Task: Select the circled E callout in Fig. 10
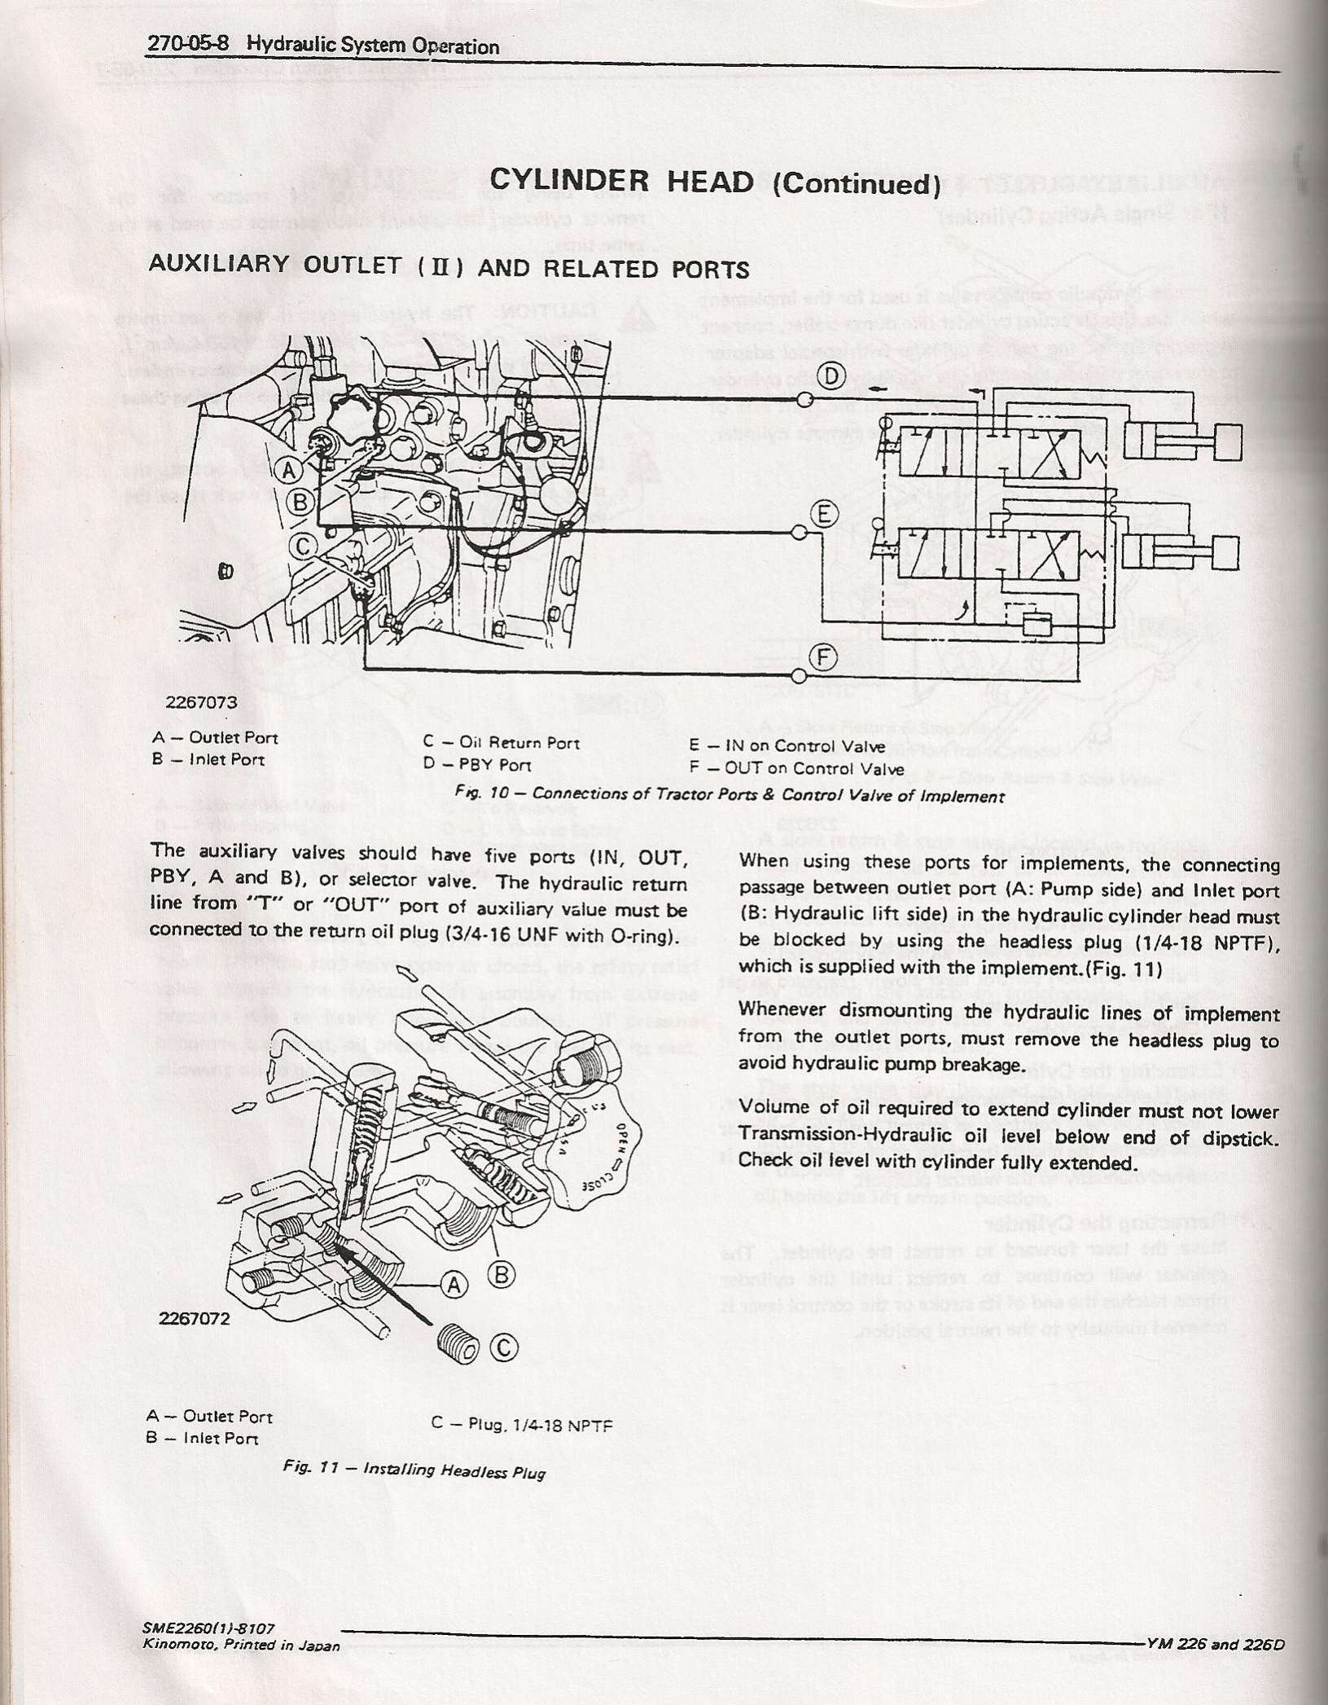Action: click(824, 514)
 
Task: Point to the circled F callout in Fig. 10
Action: click(824, 657)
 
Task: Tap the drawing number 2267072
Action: click(196, 1319)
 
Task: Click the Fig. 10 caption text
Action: click(730, 796)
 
